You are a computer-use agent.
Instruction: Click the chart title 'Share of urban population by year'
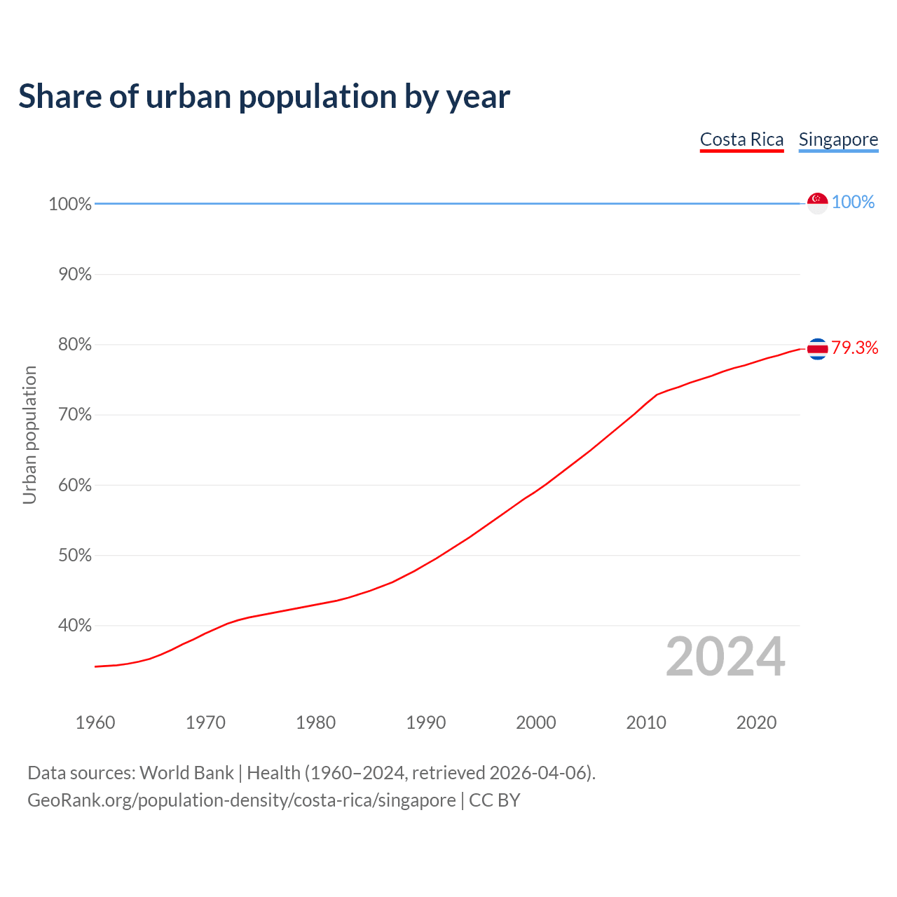(x=264, y=97)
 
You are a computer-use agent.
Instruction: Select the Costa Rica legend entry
(x=741, y=139)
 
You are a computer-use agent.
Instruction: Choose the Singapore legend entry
(x=838, y=139)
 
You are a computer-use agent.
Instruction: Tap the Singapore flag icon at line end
(x=817, y=203)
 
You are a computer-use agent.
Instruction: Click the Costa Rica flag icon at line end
(x=817, y=348)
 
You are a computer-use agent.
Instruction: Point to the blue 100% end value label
(x=853, y=203)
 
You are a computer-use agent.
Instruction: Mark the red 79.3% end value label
(x=854, y=348)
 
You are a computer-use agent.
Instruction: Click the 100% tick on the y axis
(x=70, y=204)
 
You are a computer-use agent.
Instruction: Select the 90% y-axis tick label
(x=75, y=275)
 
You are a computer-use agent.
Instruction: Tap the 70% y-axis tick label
(x=75, y=415)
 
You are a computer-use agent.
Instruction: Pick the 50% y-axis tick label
(x=75, y=556)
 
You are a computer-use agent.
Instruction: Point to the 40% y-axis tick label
(x=75, y=626)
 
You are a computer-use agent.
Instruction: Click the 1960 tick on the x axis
(x=95, y=723)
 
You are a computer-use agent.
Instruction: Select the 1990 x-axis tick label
(x=425, y=723)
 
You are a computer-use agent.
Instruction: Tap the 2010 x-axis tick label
(x=646, y=723)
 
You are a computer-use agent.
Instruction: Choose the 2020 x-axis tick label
(x=756, y=723)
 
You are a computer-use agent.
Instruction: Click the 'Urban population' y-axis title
(x=29, y=435)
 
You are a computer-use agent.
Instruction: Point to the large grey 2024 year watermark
(x=725, y=657)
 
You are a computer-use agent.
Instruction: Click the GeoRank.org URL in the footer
(x=241, y=800)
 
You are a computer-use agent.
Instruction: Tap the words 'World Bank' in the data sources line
(x=186, y=773)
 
